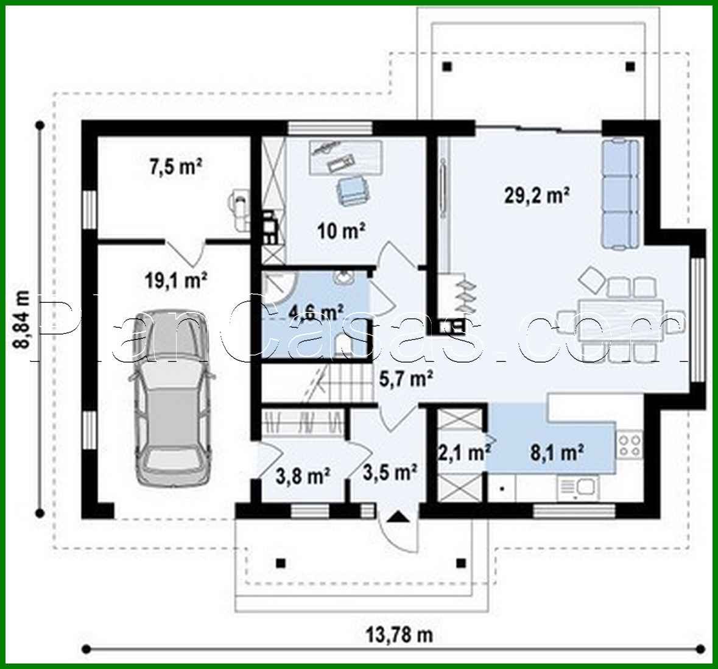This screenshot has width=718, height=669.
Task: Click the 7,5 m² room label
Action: coord(175,166)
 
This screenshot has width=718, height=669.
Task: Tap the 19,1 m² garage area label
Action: coord(175,281)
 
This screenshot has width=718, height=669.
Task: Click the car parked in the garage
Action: coord(173,395)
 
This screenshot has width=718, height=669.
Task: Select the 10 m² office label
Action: coord(341,230)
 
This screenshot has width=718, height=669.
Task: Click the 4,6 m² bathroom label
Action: coord(315,312)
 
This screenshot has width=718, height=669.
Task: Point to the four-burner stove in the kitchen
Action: coord(630,444)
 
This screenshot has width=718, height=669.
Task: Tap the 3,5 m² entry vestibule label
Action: coord(390,471)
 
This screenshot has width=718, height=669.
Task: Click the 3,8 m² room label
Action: coord(303,475)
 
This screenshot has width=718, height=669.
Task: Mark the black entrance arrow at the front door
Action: coord(398,517)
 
